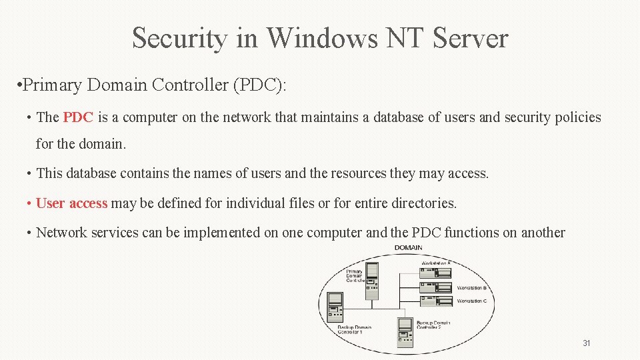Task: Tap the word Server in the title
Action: [x=470, y=38]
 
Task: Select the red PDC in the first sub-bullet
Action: [x=78, y=118]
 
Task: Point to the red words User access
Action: [x=71, y=203]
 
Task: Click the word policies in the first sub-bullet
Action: [x=571, y=118]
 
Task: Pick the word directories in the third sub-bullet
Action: [x=421, y=203]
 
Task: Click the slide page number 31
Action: [x=587, y=343]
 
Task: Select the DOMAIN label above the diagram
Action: [x=408, y=248]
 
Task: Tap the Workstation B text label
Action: [x=471, y=288]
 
